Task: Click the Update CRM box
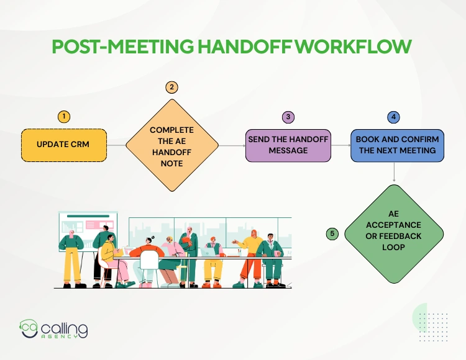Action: point(63,145)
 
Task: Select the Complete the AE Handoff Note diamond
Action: point(172,146)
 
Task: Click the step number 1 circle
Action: point(63,117)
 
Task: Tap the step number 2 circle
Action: point(171,88)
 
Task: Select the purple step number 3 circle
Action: point(288,117)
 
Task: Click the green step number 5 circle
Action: point(332,233)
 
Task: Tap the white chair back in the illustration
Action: point(149,260)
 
